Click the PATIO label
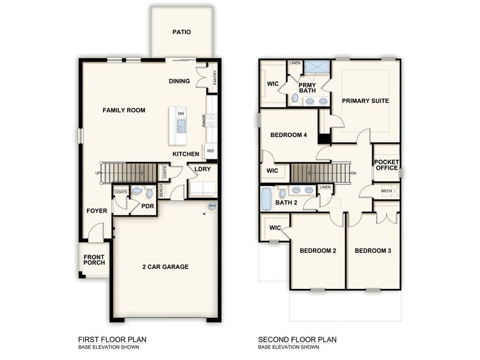click(x=182, y=32)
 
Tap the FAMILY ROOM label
click(x=124, y=110)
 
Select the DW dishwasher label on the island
click(x=181, y=114)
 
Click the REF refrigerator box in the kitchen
click(x=211, y=151)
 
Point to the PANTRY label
click(x=215, y=78)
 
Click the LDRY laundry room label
click(x=203, y=169)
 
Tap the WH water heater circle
click(x=212, y=206)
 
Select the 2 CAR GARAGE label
click(x=165, y=266)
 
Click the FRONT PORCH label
click(x=94, y=259)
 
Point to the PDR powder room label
click(x=148, y=206)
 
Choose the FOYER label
click(x=97, y=211)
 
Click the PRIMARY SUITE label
click(x=366, y=101)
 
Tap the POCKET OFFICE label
click(x=386, y=165)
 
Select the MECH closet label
click(x=386, y=191)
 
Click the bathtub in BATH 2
click(x=267, y=198)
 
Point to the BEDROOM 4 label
click(x=288, y=135)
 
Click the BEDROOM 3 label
click(x=373, y=250)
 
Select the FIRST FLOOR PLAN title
click(x=112, y=339)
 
